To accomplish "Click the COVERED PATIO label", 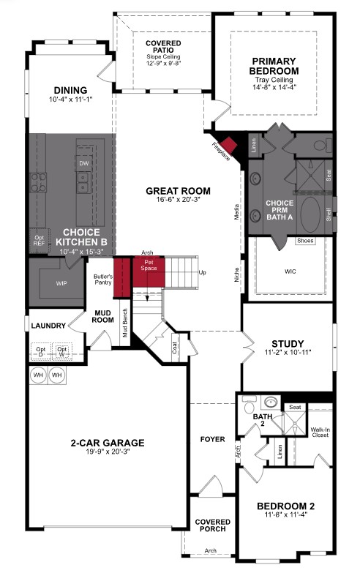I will coord(163,48).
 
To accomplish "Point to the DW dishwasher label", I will coord(84,164).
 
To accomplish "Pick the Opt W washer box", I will coord(63,351).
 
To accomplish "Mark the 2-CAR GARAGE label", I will coord(108,443).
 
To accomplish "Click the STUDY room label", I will coord(287,343).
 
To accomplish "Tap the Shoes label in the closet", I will coord(305,240).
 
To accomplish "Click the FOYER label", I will coord(213,439).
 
